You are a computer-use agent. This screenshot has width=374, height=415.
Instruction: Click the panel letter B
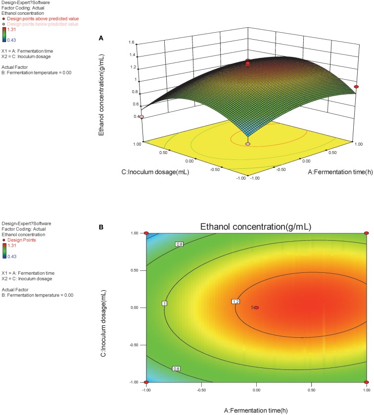101,227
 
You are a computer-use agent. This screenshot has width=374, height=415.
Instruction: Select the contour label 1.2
236,302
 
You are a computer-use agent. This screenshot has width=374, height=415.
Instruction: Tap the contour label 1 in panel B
164,303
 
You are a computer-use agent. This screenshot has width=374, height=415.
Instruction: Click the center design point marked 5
256,308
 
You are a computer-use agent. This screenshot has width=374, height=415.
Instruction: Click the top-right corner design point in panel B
366,233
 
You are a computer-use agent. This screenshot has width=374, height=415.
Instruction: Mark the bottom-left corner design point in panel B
146,382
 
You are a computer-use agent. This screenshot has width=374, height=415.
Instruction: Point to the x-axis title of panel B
256,409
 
